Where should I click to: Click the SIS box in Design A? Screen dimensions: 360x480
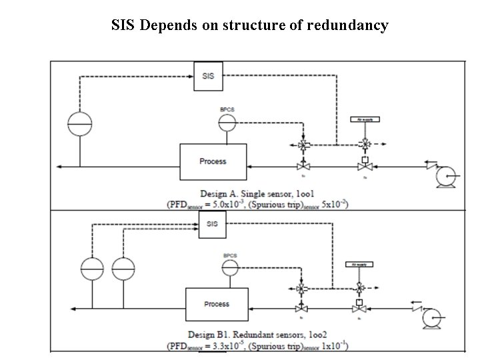coord(208,76)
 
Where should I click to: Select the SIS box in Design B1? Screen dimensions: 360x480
coord(213,224)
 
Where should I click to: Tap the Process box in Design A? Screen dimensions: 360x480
coord(213,161)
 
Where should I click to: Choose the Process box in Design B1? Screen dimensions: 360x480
coord(216,304)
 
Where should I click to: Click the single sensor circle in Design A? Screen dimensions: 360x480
coord(79,123)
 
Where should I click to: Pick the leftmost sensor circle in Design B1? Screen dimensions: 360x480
coord(93,269)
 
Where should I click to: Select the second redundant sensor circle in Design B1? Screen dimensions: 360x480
coord(123,269)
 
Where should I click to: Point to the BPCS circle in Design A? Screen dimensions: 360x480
coord(227,123)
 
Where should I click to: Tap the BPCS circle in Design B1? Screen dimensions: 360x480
coord(231,267)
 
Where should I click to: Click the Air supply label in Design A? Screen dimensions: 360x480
coord(365,119)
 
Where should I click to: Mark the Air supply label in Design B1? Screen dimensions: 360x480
coord(359,264)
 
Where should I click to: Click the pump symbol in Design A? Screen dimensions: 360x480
coord(443,175)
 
